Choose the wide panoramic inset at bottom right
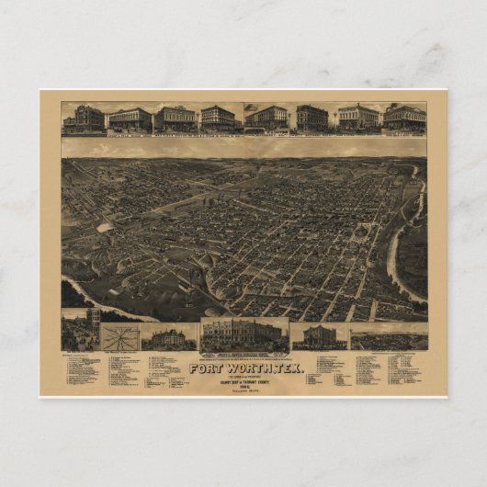(x=388, y=337)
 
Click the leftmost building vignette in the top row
(x=83, y=119)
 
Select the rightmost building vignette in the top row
(x=404, y=118)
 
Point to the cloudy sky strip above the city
(x=243, y=147)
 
